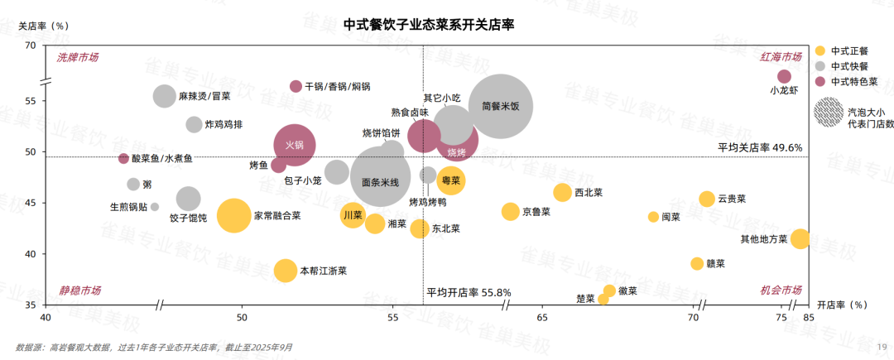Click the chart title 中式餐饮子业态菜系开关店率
pyautogui.click(x=429, y=24)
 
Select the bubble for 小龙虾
pyautogui.click(x=784, y=77)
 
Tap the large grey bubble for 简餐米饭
pyautogui.click(x=500, y=106)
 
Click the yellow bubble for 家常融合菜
pyautogui.click(x=233, y=215)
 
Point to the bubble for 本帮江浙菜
pyautogui.click(x=285, y=271)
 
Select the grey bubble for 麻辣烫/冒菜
pyautogui.click(x=165, y=96)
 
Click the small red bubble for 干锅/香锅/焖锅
pyautogui.click(x=296, y=86)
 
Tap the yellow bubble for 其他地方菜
pyautogui.click(x=800, y=239)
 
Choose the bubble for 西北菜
pyautogui.click(x=562, y=192)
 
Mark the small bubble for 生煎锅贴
pyautogui.click(x=155, y=207)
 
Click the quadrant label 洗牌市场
pyautogui.click(x=78, y=57)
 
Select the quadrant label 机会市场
pyautogui.click(x=781, y=290)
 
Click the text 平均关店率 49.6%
pyautogui.click(x=760, y=147)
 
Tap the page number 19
pyautogui.click(x=882, y=348)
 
